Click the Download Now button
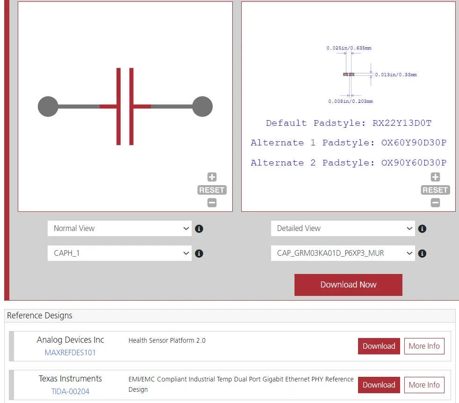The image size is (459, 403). [x=348, y=285]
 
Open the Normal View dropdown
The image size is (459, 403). [x=120, y=229]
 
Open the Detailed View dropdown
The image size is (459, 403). [x=343, y=229]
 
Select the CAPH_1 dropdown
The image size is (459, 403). [x=120, y=253]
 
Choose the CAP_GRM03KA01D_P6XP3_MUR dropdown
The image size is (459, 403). [x=343, y=253]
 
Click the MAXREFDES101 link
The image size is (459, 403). [x=70, y=353]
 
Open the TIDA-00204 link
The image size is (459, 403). [x=70, y=391]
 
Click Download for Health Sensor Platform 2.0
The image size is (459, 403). [x=379, y=346]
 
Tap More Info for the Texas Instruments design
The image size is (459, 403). [x=424, y=385]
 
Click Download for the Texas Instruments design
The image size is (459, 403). [x=379, y=385]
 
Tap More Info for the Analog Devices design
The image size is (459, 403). [x=424, y=346]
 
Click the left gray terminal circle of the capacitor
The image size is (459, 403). [x=48, y=107]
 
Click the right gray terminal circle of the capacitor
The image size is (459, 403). [x=202, y=107]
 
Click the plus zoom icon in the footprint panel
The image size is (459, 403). [x=435, y=177]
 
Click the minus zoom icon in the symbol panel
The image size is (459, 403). [x=212, y=203]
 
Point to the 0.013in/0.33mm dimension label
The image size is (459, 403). [x=395, y=75]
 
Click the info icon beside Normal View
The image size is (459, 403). [x=199, y=229]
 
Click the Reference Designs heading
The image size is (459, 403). [x=40, y=316]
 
